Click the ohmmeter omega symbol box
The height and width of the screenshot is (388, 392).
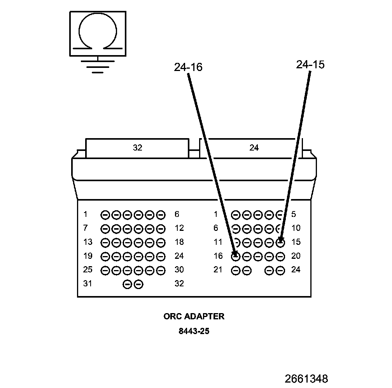coord(98,34)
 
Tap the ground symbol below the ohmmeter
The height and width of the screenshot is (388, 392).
coord(98,66)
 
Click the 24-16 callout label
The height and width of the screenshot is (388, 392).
coord(188,68)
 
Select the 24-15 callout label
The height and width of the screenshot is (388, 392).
coord(310,65)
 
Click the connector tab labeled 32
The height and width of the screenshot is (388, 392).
coord(137,148)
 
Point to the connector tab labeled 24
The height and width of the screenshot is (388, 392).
coord(254,148)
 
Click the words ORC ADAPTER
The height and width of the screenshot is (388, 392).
coord(194,316)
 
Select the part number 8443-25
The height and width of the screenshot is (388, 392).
coord(194,331)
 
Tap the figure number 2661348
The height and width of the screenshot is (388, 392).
coord(306,378)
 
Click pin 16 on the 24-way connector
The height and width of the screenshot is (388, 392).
coord(235,256)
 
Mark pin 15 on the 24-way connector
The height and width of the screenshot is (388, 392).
coord(280,242)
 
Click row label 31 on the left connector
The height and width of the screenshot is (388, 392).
coord(87,284)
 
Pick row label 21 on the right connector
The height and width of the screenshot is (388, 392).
coord(218,270)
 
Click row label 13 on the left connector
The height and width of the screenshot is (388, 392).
coord(87,242)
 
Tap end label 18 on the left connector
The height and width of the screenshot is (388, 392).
coord(179,242)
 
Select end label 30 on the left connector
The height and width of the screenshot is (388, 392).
coord(179,270)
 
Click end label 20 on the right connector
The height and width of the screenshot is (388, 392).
coord(296,256)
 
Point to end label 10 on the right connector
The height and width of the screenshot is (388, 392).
coord(296,228)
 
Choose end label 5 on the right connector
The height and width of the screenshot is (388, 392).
coord(294,214)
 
